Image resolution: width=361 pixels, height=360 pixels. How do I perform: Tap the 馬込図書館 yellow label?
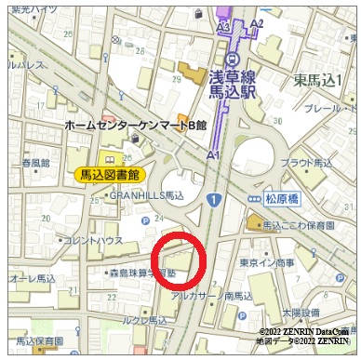pyautogui.click(x=108, y=174)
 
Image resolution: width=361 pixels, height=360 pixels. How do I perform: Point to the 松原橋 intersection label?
pyautogui.click(x=285, y=198)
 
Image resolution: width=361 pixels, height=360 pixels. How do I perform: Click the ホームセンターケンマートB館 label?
pyautogui.click(x=135, y=124)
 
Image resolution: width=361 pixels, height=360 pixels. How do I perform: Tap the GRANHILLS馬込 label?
pyautogui.click(x=147, y=196)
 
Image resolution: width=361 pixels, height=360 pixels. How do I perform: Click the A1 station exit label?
pyautogui.click(x=213, y=153)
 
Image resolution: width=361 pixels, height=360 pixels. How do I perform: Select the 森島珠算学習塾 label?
pyautogui.click(x=140, y=273)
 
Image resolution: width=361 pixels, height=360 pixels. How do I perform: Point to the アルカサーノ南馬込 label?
pyautogui.click(x=210, y=296)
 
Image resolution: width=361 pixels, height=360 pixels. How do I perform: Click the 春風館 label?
pyautogui.click(x=36, y=162)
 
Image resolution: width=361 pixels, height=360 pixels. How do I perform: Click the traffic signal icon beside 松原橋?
pyautogui.click(x=254, y=198)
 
